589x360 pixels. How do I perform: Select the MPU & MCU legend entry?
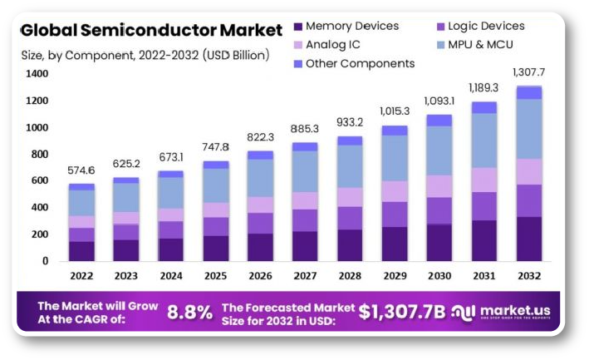(485, 44)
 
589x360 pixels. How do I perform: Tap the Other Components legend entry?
(360, 63)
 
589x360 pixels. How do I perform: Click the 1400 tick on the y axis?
(37, 74)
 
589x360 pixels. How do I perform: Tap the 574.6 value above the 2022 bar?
(81, 170)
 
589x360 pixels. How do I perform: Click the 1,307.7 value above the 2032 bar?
(528, 72)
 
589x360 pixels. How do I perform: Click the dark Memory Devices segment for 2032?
(529, 239)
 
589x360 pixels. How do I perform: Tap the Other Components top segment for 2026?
(259, 155)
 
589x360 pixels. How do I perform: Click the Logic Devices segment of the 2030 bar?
(439, 210)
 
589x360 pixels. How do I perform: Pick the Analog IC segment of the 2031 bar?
(484, 180)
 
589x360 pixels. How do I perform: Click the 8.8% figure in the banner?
(189, 313)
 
